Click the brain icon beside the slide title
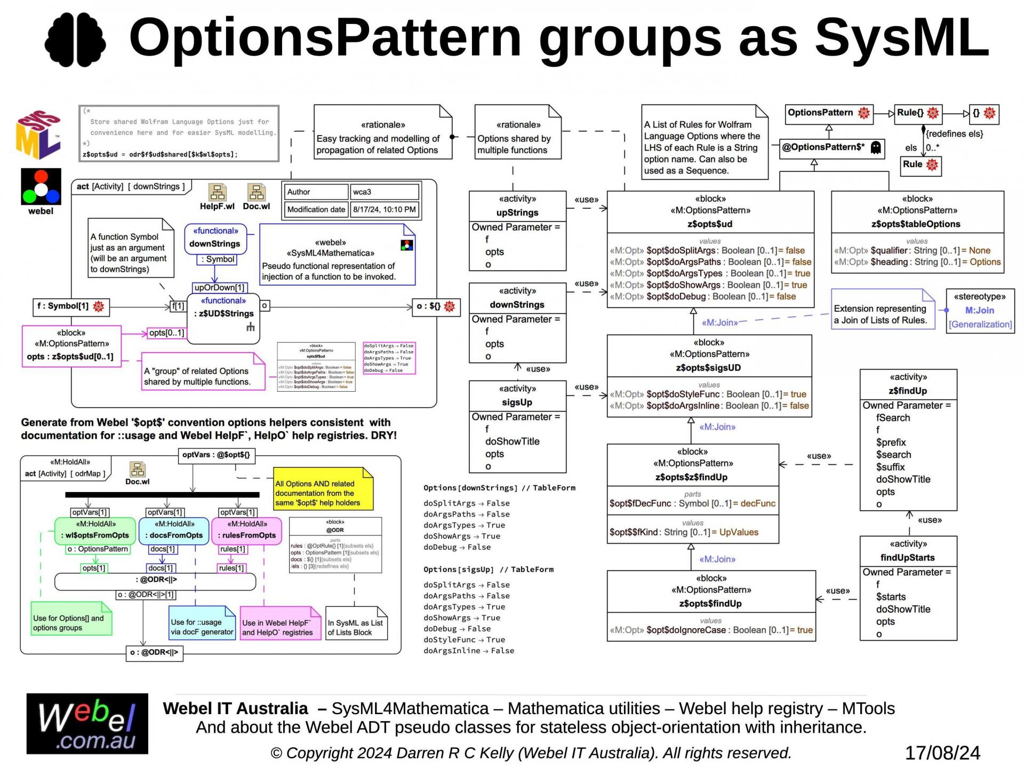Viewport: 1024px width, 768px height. point(75,39)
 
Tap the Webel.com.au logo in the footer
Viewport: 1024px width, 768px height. point(87,724)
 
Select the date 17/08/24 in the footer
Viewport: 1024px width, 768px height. point(942,753)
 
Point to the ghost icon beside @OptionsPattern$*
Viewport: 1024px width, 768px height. point(875,148)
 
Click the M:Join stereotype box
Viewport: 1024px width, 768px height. point(980,311)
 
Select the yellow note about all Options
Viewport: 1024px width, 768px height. point(323,488)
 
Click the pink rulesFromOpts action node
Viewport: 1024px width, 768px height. point(249,531)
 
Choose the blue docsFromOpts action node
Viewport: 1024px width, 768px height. point(173,531)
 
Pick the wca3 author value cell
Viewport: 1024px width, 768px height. point(384,192)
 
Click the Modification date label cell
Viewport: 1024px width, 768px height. point(316,209)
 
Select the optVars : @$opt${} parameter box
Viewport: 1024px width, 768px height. point(216,455)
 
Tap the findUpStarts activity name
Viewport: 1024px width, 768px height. point(907,558)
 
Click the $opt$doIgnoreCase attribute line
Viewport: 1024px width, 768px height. point(710,630)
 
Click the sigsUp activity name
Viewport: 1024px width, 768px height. point(517,402)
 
